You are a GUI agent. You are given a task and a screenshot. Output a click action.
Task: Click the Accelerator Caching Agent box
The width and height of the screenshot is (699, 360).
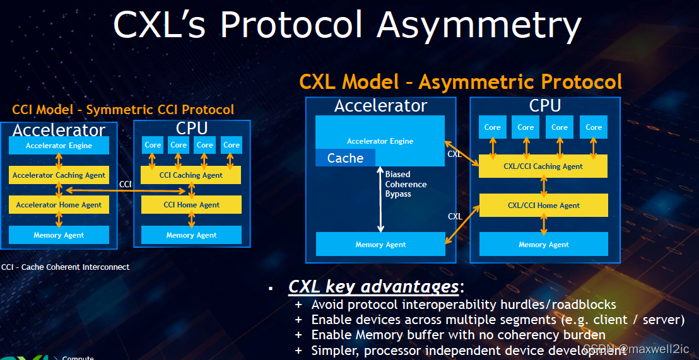pos(59,175)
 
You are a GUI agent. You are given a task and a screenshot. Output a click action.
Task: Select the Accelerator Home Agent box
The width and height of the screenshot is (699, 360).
pos(59,205)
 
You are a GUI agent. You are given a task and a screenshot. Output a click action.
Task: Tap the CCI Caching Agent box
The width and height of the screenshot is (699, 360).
pos(191,175)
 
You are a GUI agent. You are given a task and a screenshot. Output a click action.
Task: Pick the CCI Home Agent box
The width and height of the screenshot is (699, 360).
pos(191,205)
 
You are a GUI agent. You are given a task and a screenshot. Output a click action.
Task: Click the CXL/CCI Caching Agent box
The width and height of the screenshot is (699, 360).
pos(543,166)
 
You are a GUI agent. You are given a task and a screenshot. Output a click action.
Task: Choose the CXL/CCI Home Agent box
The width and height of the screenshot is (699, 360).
pos(543,206)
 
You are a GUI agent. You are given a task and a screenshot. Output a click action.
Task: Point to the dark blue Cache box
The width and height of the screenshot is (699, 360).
pos(345,158)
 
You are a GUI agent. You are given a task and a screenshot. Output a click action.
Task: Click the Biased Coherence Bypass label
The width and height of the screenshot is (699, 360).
pos(406,184)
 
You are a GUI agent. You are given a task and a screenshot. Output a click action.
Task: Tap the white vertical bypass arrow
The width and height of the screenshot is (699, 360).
pos(380,199)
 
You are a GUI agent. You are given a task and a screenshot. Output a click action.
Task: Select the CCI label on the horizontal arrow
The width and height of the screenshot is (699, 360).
pos(126,183)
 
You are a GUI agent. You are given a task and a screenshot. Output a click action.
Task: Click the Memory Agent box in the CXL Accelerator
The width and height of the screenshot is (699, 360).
pos(380,245)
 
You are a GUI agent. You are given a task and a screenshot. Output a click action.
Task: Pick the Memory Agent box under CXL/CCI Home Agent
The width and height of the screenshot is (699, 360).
pos(543,245)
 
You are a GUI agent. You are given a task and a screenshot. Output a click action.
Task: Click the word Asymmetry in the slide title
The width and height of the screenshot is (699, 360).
pos(478,25)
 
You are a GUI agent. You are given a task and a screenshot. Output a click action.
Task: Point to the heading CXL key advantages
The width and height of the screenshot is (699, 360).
pos(373,287)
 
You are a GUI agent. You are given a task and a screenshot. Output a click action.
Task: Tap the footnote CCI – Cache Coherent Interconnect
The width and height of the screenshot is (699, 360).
pos(66,267)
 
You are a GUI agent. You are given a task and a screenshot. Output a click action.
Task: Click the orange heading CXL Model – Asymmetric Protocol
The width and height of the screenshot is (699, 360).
pos(461,82)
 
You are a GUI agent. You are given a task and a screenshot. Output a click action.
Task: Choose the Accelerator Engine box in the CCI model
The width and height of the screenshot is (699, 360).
pos(59,146)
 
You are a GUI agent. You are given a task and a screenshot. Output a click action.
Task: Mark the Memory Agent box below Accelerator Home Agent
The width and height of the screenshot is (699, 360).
pos(59,235)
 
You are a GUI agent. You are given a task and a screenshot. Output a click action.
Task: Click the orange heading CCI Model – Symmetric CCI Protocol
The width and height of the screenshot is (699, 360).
pos(123,110)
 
